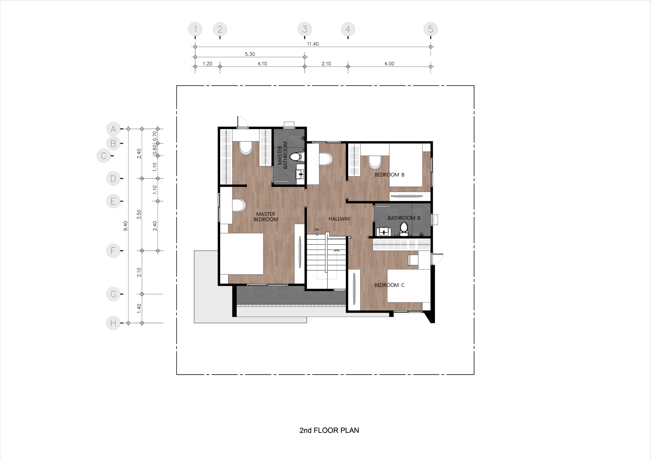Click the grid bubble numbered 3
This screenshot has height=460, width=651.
point(304,29)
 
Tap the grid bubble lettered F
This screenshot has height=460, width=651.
point(113,251)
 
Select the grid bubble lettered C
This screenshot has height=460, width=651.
point(103,156)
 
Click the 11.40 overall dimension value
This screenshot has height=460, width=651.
point(313,44)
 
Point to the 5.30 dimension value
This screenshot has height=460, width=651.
point(250,54)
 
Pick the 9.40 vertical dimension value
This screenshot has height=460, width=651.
point(126,226)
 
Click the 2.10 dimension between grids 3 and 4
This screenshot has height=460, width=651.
point(326,64)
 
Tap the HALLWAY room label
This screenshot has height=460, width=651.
point(339,219)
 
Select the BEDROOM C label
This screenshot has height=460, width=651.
point(389,285)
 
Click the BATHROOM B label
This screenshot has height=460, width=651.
point(404,218)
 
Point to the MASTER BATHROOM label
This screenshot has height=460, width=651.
point(283,155)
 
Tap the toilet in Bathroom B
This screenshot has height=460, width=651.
point(404,229)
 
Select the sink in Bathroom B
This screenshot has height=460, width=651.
point(384,231)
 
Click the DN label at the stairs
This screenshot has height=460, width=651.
point(317,229)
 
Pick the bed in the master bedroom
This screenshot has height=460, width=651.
point(242,254)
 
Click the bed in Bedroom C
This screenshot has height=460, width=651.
point(409,286)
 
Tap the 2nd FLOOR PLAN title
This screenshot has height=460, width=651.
point(329,430)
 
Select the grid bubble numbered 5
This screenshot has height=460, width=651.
point(431,29)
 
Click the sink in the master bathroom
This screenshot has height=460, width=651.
point(300,174)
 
